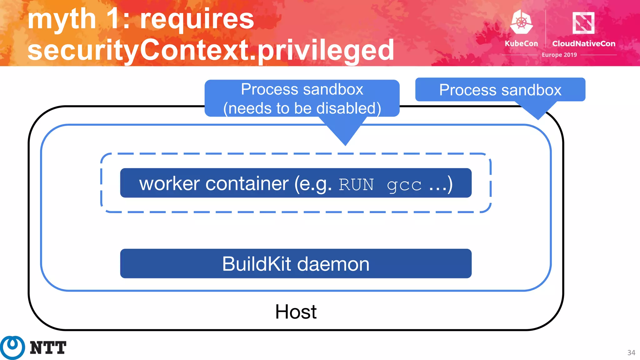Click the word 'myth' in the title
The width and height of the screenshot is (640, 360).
point(62,19)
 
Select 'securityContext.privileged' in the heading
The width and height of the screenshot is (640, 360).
point(211,50)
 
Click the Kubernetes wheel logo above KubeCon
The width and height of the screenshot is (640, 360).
point(521,22)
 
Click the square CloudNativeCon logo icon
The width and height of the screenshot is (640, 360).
point(583,23)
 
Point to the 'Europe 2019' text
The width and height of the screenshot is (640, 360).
point(559,55)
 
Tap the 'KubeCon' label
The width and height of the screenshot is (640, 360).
point(521,44)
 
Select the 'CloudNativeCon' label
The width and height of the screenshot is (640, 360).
point(583,44)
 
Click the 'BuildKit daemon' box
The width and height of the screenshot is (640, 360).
point(296,263)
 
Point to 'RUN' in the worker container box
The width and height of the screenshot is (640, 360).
point(356,185)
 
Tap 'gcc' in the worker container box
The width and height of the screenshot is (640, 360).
point(404,185)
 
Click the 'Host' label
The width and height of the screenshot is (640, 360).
point(296,312)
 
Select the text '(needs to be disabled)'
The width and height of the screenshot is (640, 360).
point(302,108)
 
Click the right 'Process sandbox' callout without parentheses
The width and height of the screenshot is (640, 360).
point(500,90)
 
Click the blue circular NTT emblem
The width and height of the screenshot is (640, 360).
point(12,347)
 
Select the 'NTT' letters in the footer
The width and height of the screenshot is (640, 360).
point(48,348)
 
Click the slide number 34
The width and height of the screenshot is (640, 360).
point(631,353)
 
